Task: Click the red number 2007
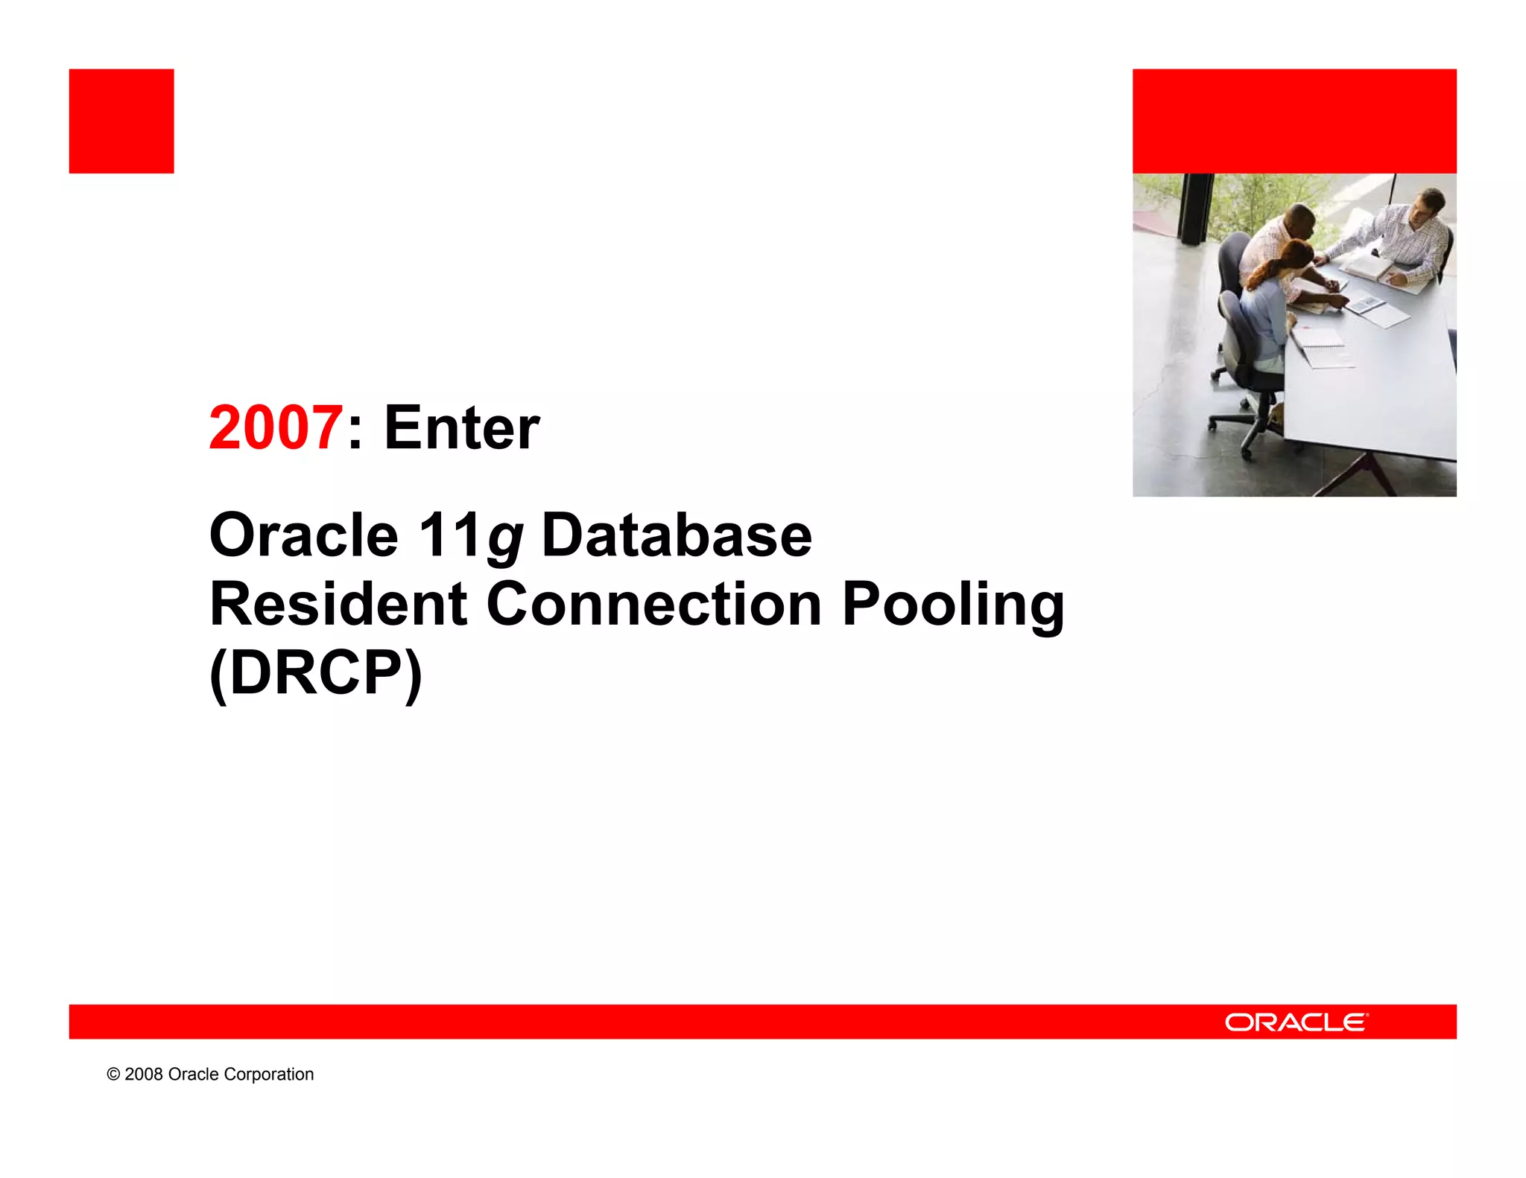coord(276,427)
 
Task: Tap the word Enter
coord(461,427)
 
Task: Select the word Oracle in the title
coord(303,535)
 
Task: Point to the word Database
coord(677,535)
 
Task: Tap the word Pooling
coord(953,605)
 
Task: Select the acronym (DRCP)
coord(316,672)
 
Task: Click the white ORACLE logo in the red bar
coord(1296,1022)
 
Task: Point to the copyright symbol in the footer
coord(113,1074)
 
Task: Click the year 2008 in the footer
coord(144,1074)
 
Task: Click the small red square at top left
coord(121,121)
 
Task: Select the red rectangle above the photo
coord(1294,121)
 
